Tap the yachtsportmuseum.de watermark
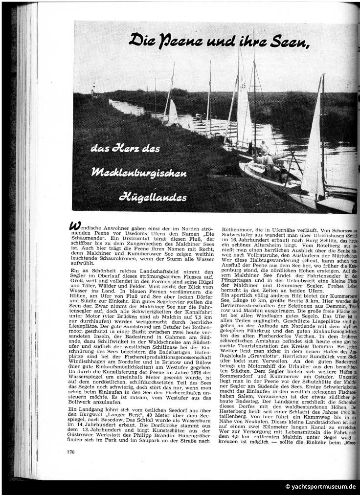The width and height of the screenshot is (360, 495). click(321, 487)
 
